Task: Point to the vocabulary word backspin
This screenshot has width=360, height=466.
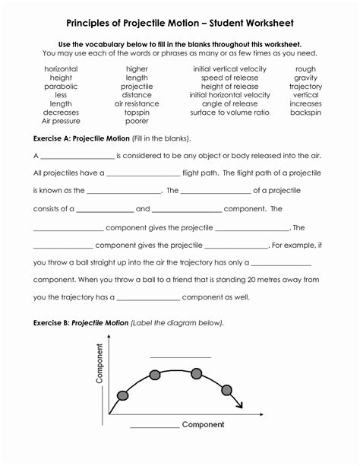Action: click(x=305, y=113)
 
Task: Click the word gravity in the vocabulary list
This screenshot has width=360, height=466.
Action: click(x=305, y=78)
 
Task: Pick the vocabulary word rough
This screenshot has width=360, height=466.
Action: click(x=305, y=69)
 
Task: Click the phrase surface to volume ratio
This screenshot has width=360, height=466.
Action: click(x=229, y=113)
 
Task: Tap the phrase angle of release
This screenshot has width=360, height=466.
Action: click(x=229, y=104)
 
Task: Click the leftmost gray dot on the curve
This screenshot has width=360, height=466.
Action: click(x=122, y=395)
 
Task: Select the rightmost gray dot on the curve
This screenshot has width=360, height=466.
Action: click(x=226, y=389)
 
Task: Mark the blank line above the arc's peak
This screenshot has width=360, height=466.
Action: click(x=180, y=355)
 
